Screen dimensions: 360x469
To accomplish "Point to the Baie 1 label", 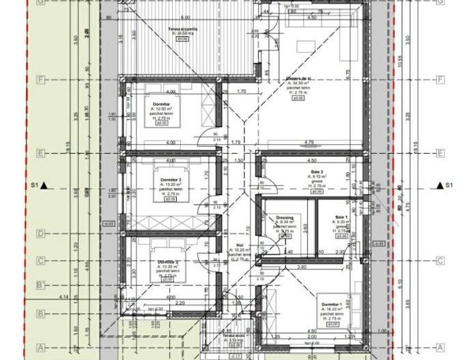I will [342, 217].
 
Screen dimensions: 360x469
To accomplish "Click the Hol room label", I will [240, 245].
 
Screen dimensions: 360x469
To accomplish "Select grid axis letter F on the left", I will [41, 80].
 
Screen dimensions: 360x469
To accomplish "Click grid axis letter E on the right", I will [440, 153].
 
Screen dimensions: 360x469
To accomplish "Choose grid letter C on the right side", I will [440, 260].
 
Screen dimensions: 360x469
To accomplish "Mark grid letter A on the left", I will [41, 347].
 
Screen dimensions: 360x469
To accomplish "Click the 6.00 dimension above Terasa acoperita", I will [185, 17].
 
